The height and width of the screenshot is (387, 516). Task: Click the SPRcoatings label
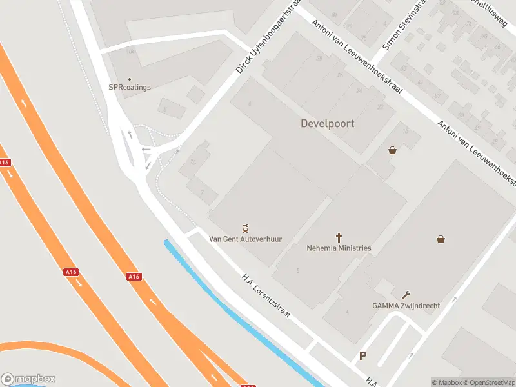tap(129, 87)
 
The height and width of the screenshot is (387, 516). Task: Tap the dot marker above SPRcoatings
tap(129, 79)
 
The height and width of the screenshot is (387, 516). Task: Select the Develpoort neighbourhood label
tap(327, 123)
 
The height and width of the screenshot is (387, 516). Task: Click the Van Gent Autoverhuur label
tap(245, 239)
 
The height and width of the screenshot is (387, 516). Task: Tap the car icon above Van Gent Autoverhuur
tap(245, 228)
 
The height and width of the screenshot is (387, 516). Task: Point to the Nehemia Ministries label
tap(339, 248)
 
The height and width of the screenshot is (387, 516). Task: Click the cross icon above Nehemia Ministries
tap(339, 237)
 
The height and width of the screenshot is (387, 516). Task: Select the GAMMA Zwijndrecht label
tap(406, 305)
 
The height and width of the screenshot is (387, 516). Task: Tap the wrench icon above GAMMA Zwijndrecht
tap(406, 294)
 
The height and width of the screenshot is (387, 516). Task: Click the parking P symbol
tap(362, 355)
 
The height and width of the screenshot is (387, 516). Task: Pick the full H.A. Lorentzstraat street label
tap(266, 297)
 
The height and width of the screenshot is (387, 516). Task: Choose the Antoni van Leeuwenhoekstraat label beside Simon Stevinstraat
tap(357, 56)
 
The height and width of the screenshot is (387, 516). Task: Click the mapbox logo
tap(28, 379)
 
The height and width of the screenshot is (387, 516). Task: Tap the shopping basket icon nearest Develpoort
tap(392, 150)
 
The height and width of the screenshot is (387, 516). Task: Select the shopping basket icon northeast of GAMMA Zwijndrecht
tap(441, 239)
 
